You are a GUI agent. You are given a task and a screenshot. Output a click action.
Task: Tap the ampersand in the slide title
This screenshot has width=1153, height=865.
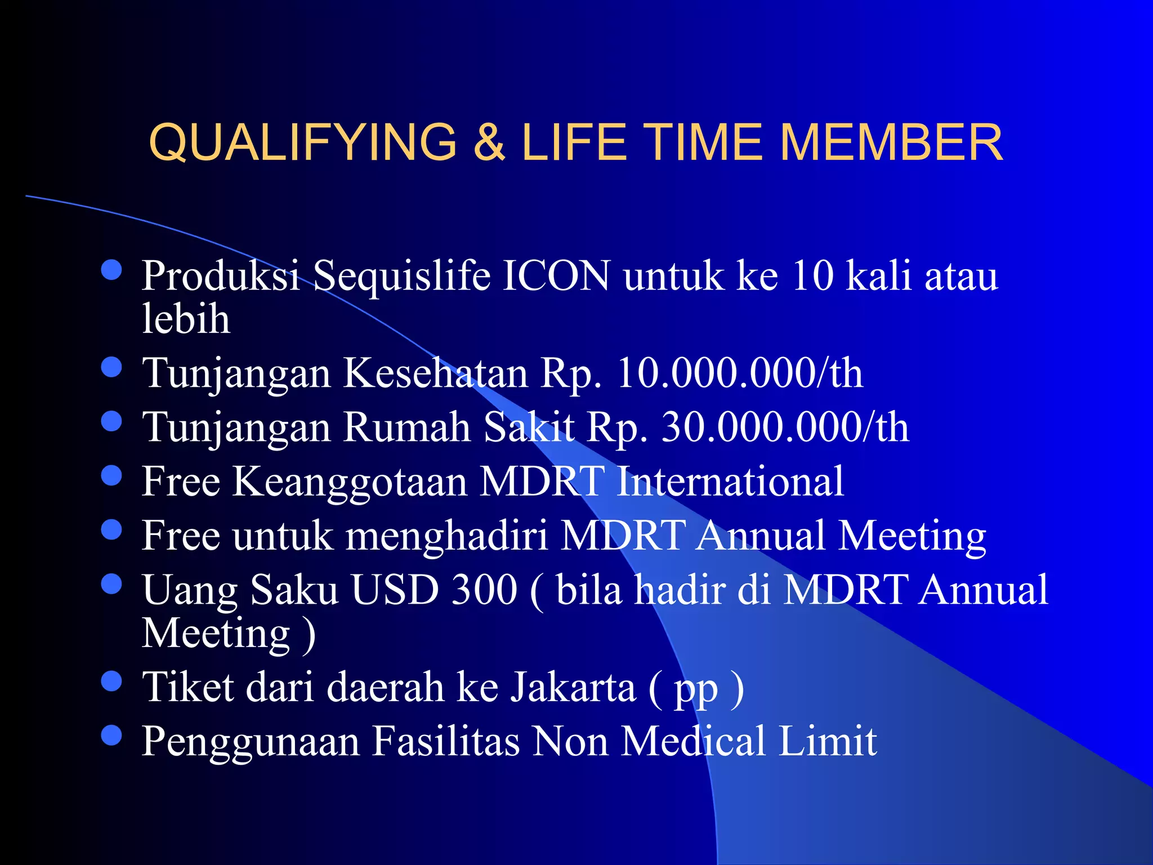[489, 142]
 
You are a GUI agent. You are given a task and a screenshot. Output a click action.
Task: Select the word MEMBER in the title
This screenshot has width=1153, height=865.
[891, 142]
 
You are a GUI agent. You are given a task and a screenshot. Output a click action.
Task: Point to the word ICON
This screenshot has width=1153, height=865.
[556, 276]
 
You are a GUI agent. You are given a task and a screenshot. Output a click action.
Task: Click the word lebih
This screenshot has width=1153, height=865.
[186, 319]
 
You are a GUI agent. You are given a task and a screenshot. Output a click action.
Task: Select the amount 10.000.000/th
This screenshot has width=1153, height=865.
[740, 373]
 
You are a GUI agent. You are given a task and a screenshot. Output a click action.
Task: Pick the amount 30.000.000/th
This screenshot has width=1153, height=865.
[785, 427]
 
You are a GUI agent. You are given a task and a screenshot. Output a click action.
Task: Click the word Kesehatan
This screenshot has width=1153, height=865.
[435, 373]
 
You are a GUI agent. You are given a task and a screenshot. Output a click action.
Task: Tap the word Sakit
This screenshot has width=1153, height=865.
[529, 427]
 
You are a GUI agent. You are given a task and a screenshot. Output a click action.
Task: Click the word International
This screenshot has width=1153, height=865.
[730, 481]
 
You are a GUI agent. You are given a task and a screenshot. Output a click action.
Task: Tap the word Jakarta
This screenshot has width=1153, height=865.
[573, 688]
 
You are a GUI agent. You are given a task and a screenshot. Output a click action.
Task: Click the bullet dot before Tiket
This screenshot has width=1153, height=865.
[112, 681]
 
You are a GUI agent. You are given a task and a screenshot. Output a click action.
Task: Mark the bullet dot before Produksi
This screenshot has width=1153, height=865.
[112, 270]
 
